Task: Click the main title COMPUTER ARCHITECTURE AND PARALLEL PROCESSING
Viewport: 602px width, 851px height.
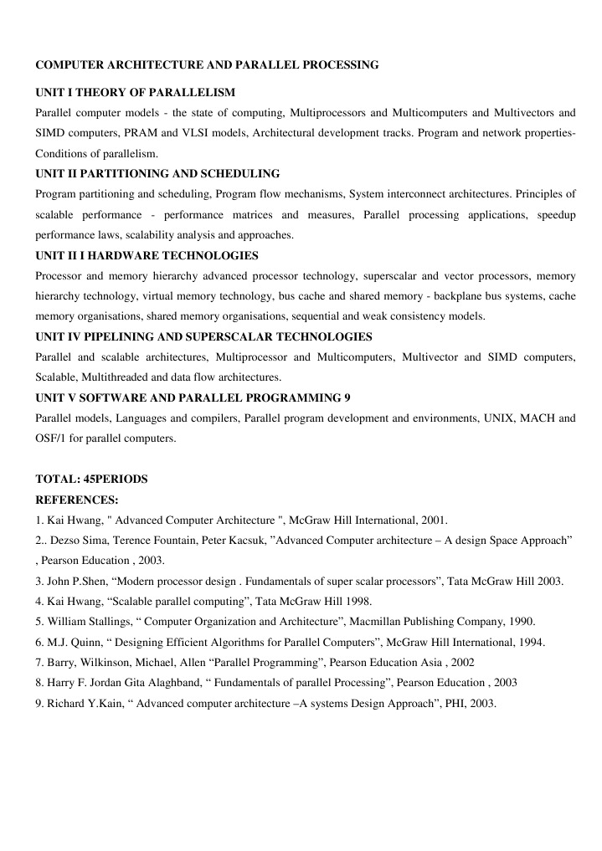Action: tap(207, 64)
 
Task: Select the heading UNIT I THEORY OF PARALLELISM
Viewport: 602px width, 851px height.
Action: tap(135, 92)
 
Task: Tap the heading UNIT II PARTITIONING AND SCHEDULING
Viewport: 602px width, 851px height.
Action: tap(157, 174)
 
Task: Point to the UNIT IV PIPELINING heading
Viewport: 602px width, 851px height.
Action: tap(203, 337)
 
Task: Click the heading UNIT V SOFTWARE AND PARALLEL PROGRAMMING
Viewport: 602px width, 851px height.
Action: tap(193, 398)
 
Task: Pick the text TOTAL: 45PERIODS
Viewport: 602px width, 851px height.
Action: tap(91, 479)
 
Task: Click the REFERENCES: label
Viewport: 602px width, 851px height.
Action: tap(77, 500)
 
